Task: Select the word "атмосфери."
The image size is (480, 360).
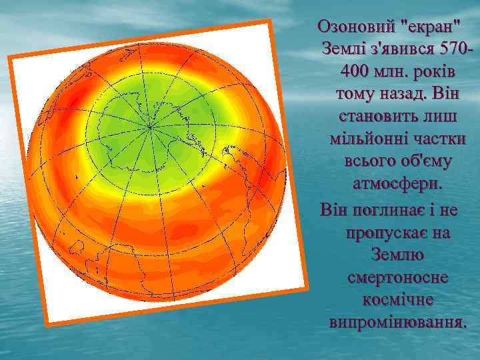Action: (397, 183)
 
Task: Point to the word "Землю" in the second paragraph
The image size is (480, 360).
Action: (398, 255)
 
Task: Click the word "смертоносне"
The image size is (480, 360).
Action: (398, 277)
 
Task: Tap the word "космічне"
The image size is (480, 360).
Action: (398, 299)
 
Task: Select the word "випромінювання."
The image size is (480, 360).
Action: (398, 322)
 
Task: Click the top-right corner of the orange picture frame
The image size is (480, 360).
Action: (273, 21)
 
